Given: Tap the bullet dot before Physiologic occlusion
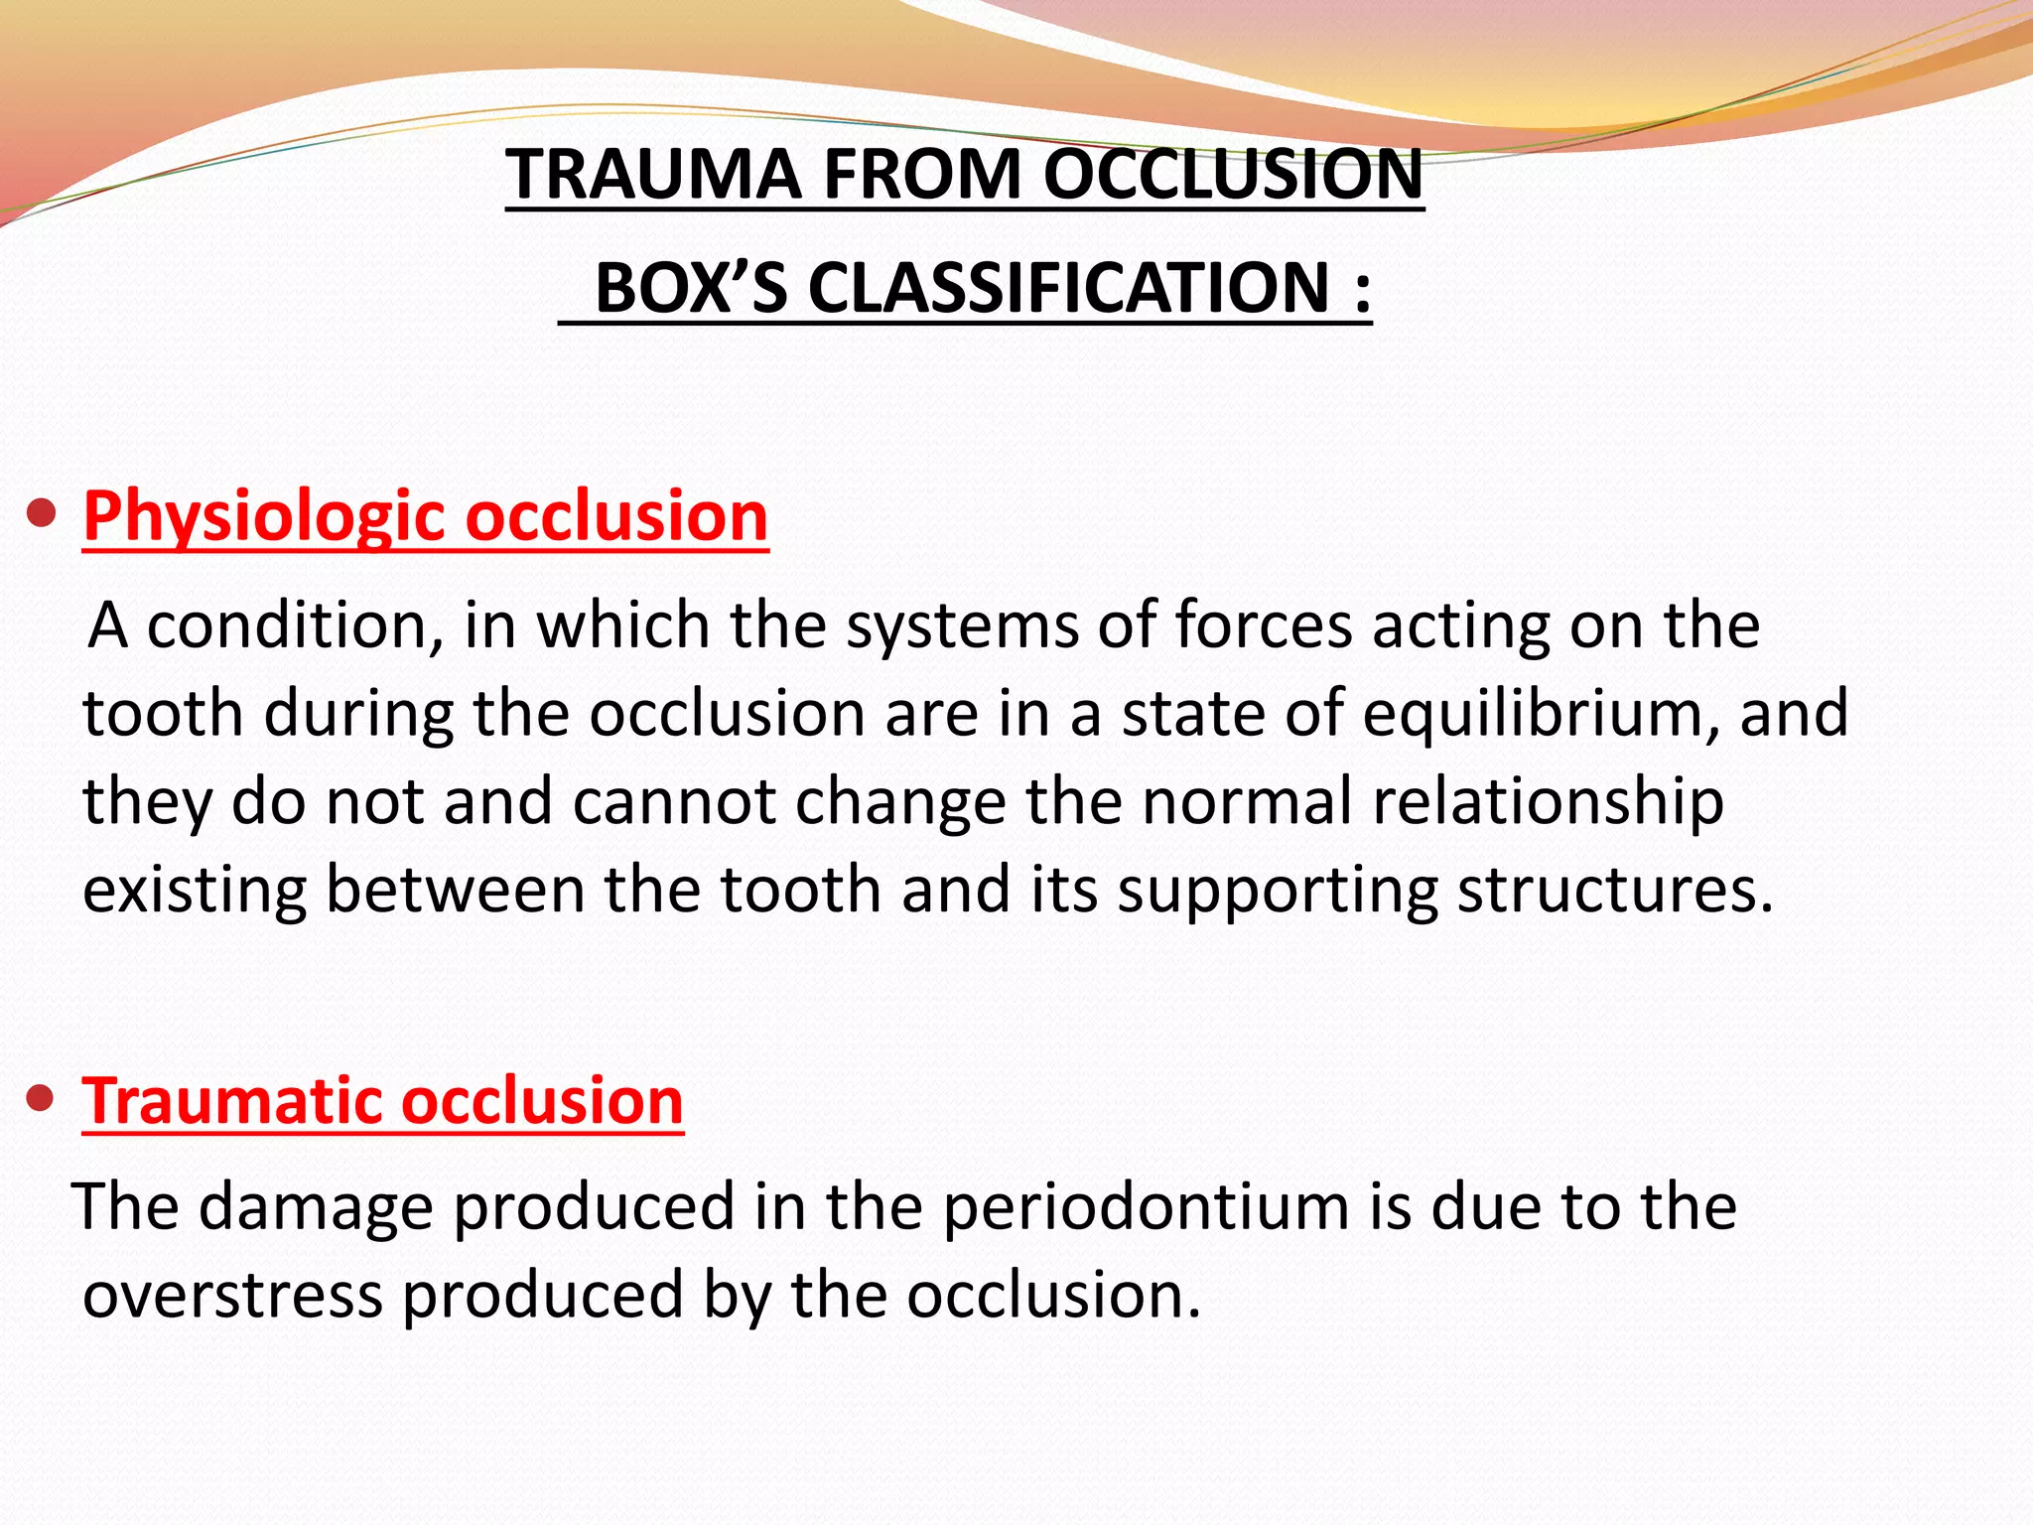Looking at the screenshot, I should [x=41, y=515].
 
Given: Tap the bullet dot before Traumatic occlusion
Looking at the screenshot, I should [x=41, y=1099].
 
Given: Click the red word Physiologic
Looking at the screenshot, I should [x=264, y=517].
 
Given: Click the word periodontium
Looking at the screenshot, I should [x=1147, y=1208].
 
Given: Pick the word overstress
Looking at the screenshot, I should [x=232, y=1296].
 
